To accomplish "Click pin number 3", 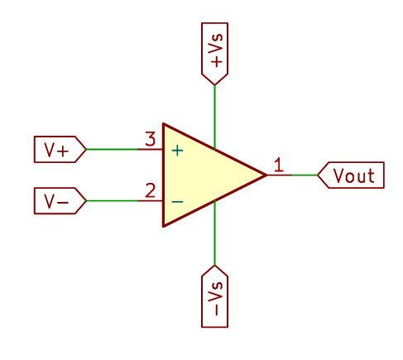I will point(150,139).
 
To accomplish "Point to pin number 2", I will point(150,190).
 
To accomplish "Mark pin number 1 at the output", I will point(279,165).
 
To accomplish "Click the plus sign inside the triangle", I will point(177,151).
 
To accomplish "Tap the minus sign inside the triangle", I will point(177,201).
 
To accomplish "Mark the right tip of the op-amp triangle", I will point(266,175).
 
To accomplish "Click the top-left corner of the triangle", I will point(164,125).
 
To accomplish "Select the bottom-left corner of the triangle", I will point(164,226).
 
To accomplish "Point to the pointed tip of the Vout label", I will point(318,175).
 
